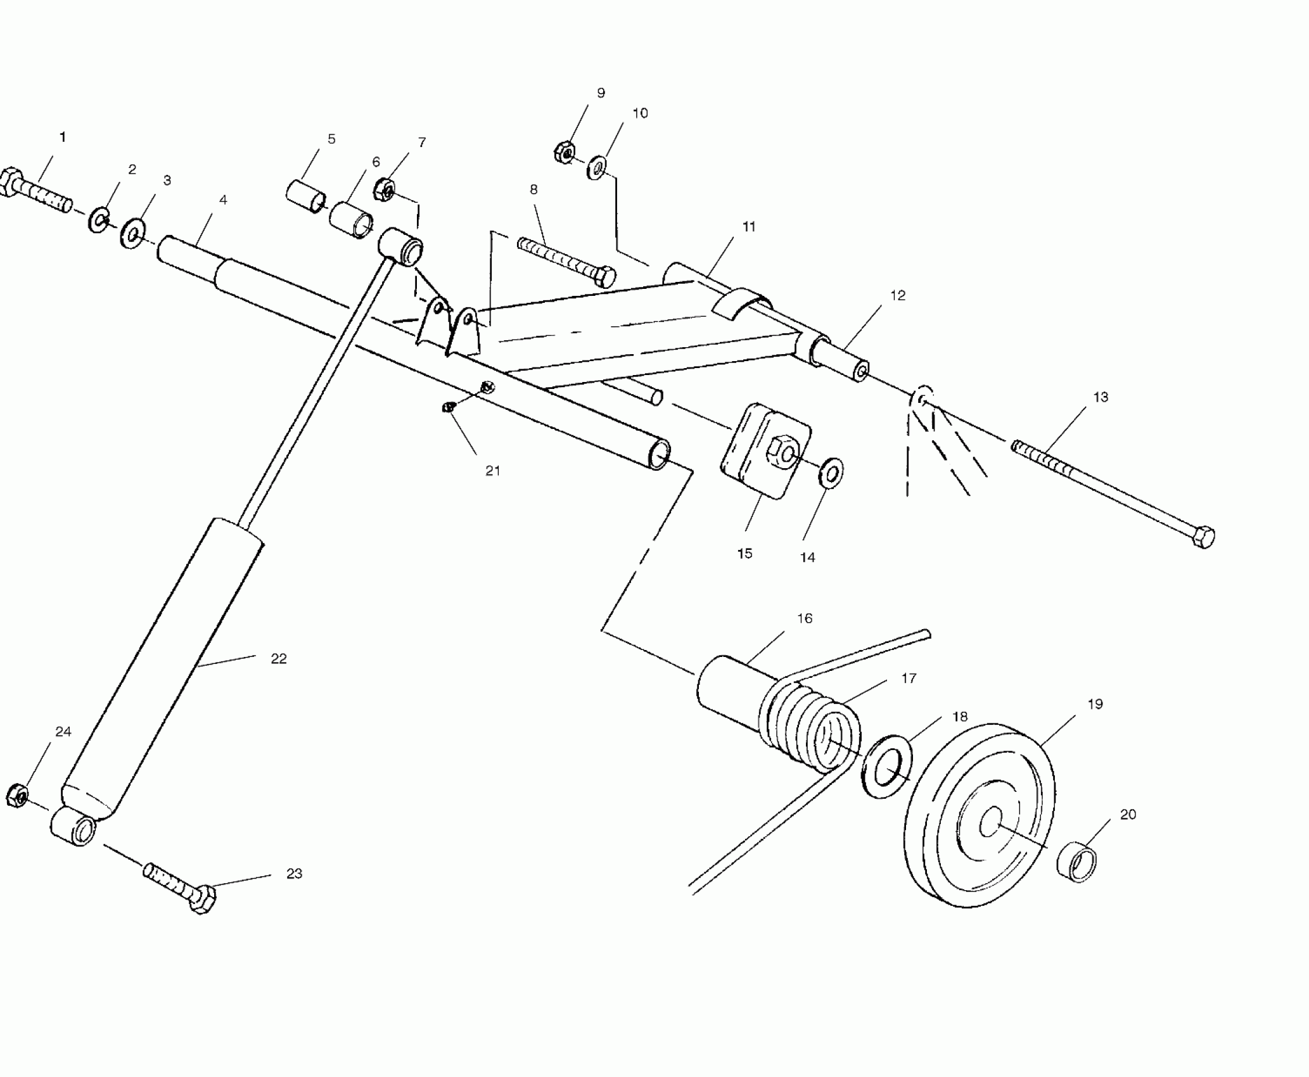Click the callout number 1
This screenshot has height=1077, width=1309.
tap(62, 137)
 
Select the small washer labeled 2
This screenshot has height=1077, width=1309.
tap(98, 219)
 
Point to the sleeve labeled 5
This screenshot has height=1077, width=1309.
tap(305, 194)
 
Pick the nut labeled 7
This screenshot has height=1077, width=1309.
tap(385, 188)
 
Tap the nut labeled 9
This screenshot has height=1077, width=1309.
tap(564, 153)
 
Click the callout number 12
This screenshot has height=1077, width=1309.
tap(897, 295)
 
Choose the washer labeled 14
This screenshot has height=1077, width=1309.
tap(831, 471)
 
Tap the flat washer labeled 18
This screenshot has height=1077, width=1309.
tap(887, 767)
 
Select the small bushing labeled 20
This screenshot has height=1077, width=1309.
tap(1077, 862)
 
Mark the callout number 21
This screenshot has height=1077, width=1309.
tap(492, 471)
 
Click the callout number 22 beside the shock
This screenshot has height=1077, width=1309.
tap(279, 659)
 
